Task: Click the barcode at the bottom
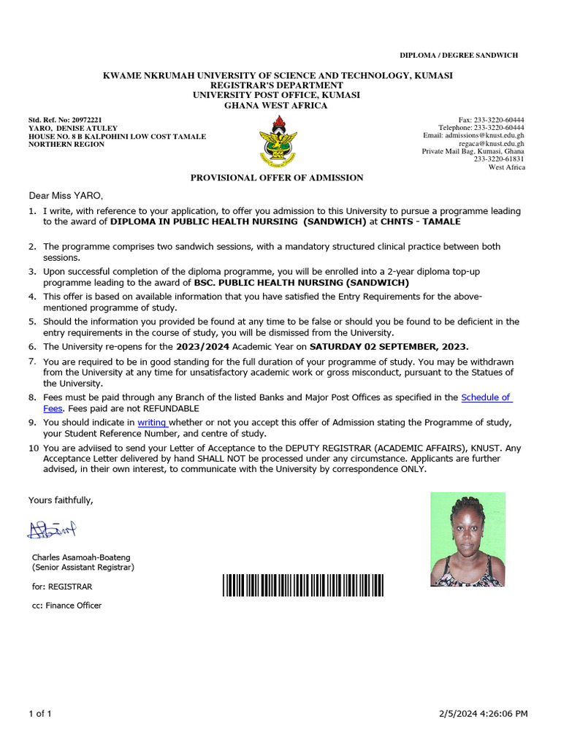303,586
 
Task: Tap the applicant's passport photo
467,539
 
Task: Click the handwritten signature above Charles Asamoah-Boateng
52,529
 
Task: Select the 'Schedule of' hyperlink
486,397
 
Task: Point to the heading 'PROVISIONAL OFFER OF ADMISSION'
277,178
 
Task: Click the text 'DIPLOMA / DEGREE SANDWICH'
458,56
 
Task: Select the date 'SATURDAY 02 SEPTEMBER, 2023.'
389,346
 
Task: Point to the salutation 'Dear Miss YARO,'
66,196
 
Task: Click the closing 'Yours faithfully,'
61,500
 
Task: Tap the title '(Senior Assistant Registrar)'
83,568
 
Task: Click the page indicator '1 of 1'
39,713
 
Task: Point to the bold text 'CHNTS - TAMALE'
421,221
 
